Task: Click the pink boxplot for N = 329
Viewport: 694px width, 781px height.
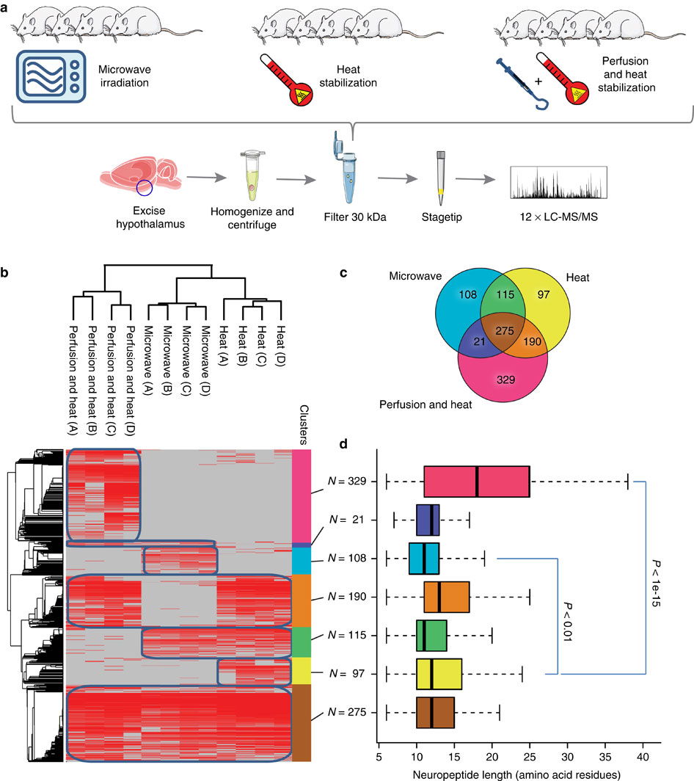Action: point(477,482)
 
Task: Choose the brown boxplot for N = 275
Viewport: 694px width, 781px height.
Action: point(435,711)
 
